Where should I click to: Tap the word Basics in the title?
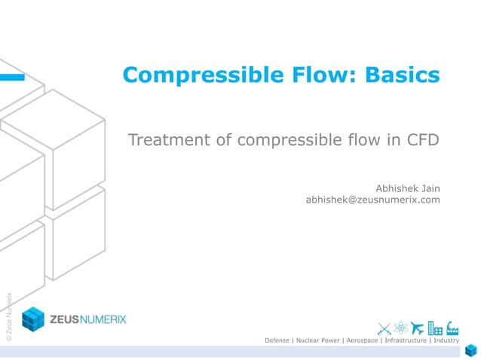coord(403,75)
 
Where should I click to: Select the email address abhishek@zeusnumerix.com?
coord(372,200)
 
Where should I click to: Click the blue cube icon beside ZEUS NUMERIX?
coord(33,319)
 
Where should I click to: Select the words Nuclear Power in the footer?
coord(316,340)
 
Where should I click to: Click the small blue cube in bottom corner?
coord(471,350)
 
